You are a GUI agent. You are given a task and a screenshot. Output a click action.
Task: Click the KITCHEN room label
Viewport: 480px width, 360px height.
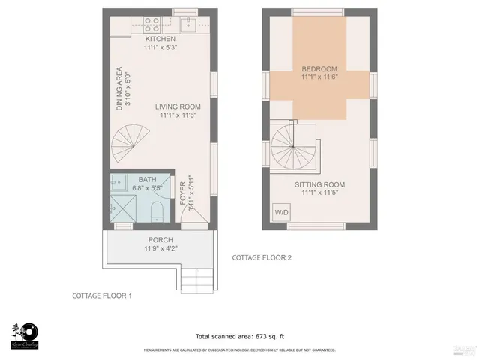(160, 39)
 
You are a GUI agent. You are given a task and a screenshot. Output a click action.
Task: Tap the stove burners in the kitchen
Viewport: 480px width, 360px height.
(148, 23)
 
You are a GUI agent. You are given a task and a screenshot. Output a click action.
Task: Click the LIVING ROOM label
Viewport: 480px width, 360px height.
(178, 106)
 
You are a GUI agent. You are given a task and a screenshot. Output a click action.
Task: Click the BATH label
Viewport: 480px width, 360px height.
(148, 180)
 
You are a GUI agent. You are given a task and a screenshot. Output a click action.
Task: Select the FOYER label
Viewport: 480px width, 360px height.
(182, 193)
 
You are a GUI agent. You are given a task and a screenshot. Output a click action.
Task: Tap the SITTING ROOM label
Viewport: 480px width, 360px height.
(319, 184)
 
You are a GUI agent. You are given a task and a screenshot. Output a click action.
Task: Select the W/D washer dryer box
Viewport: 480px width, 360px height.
(282, 212)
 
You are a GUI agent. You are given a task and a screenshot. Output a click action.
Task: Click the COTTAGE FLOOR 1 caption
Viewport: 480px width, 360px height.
(102, 295)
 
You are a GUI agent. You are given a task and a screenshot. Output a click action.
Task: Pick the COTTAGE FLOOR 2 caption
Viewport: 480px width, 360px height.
(262, 257)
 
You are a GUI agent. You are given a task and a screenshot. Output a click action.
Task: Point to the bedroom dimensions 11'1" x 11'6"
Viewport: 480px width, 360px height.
(320, 76)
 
